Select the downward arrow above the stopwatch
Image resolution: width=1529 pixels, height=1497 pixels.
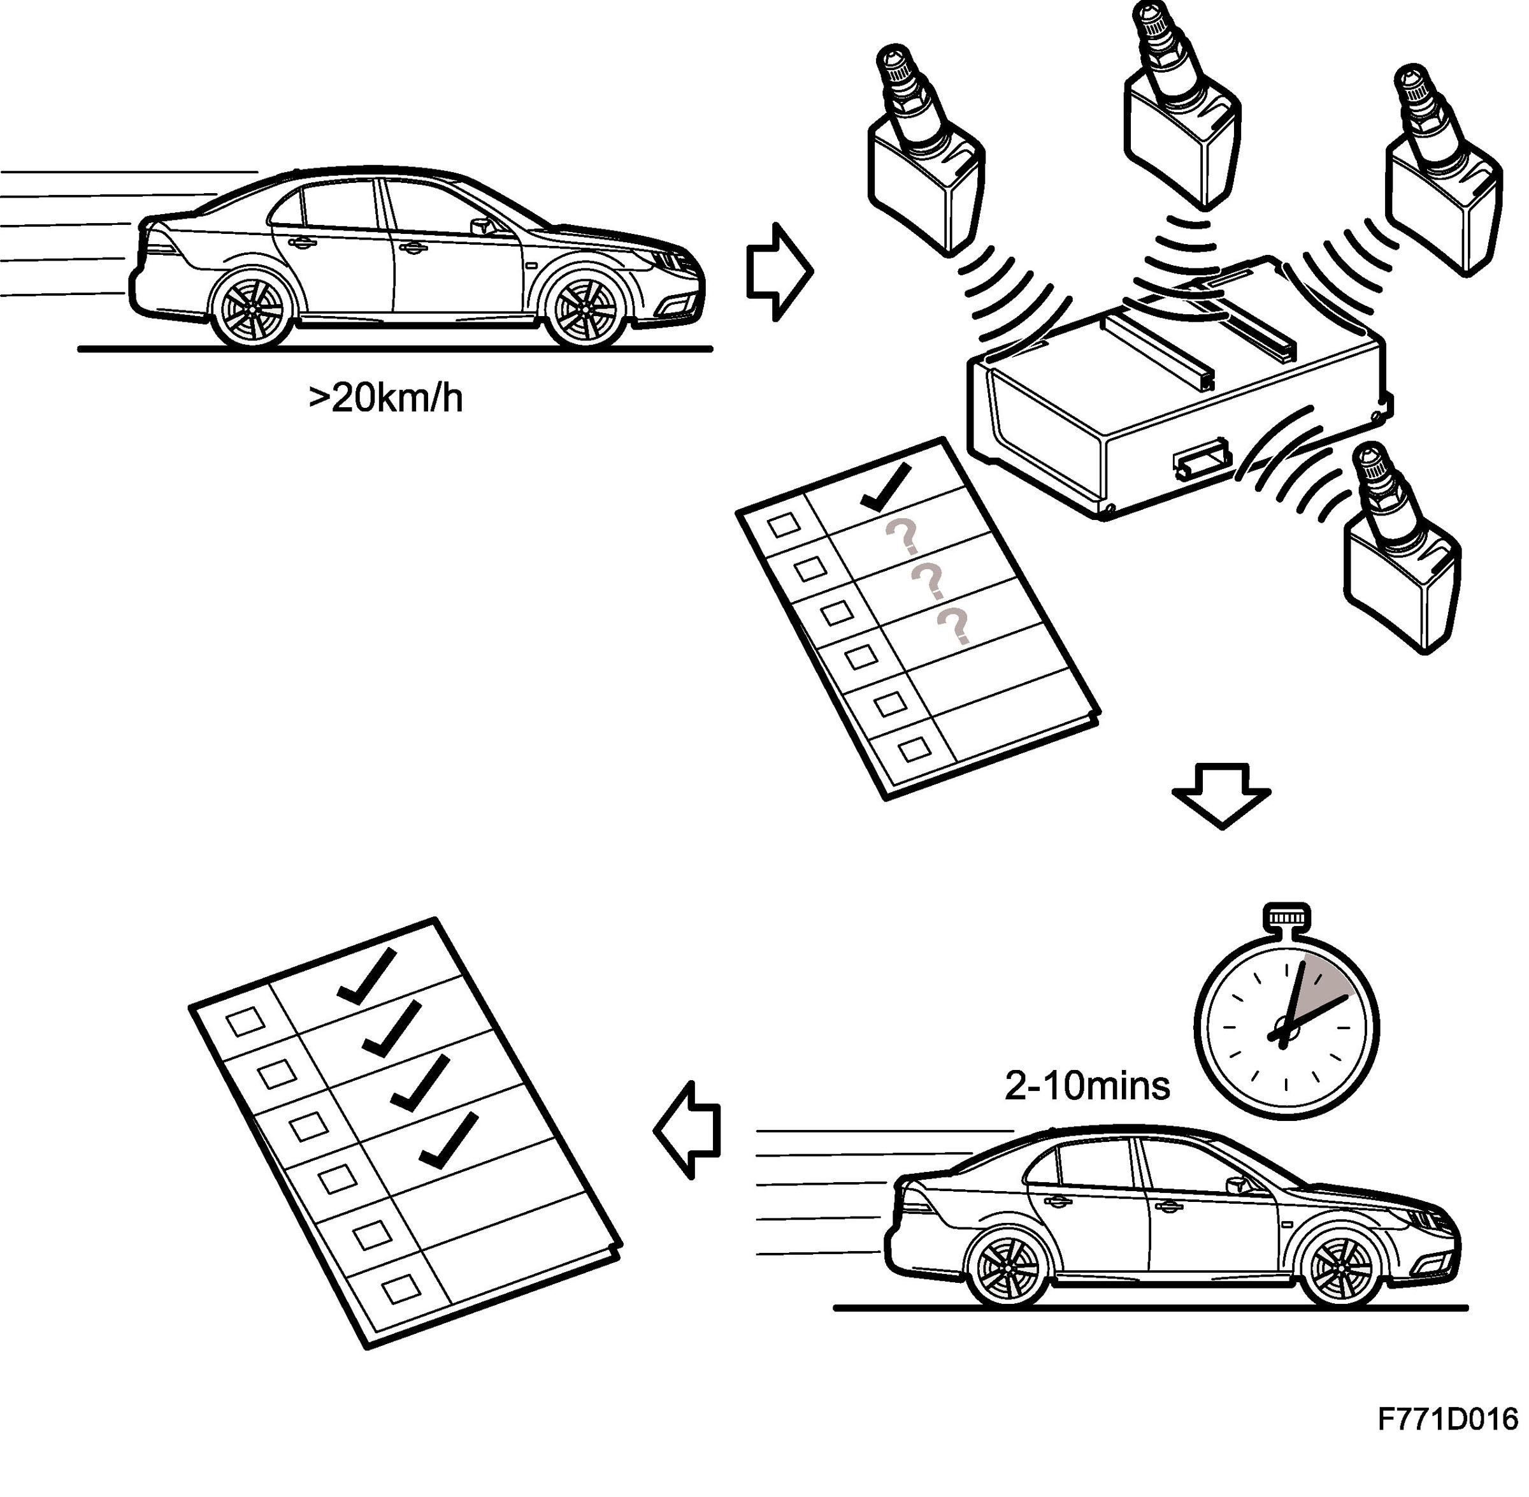point(1221,795)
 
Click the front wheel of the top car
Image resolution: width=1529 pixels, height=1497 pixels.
point(585,308)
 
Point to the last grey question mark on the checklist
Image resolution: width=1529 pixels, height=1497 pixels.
point(954,626)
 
